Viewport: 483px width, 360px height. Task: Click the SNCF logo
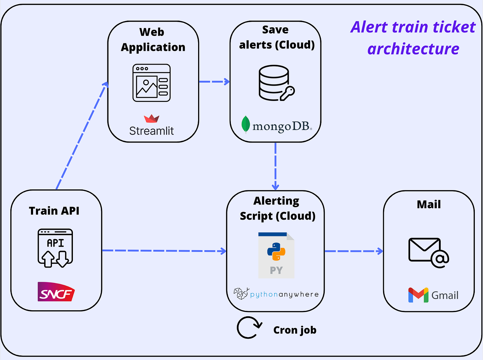56,292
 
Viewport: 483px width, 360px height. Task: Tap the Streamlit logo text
152,131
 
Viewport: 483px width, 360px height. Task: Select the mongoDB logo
276,125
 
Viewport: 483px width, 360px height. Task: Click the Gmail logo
433,295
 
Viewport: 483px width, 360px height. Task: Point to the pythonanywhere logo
276,294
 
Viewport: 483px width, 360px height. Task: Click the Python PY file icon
276,255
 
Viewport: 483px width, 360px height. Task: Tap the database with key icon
276,83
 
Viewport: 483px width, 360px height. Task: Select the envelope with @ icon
428,252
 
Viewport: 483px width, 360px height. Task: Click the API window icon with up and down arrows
55,248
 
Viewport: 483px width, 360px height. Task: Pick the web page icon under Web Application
152,83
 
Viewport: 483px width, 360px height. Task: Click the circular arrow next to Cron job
249,328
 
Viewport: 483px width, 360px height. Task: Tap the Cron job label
294,330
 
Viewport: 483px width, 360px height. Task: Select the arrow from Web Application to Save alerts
214,82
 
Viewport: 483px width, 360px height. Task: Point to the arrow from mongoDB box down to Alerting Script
275,166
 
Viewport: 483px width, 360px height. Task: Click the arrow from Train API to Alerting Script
164,251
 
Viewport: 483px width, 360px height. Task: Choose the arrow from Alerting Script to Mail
354,251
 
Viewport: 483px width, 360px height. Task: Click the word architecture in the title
413,49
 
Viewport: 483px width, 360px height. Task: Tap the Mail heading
429,204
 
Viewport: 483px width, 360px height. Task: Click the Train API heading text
54,211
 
